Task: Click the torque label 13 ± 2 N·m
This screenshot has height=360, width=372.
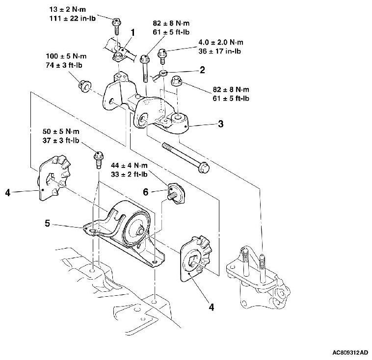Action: tap(68, 9)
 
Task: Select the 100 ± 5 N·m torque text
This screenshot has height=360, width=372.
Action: tap(66, 56)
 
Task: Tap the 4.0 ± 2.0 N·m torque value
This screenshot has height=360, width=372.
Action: tap(221, 43)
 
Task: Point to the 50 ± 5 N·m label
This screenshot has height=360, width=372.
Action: tap(61, 131)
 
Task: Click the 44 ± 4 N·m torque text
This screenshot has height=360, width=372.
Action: tap(129, 165)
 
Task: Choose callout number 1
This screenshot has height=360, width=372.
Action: tap(133, 33)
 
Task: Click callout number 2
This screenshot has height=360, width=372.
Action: tap(202, 70)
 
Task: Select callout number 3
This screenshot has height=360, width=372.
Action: tap(221, 124)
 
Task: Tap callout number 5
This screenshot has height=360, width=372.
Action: tap(48, 223)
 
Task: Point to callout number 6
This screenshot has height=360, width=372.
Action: tap(146, 192)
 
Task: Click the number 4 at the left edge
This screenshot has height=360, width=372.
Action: tap(8, 193)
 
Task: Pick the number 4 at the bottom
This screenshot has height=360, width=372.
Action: tap(212, 307)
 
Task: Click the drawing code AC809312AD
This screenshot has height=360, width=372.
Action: tap(350, 353)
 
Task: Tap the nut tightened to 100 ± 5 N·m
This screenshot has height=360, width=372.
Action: tap(85, 86)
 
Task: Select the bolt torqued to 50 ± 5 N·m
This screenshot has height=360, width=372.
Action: tap(99, 159)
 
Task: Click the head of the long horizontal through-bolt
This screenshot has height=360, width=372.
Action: tap(204, 167)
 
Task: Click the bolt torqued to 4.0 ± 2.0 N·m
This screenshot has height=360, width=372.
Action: tap(162, 56)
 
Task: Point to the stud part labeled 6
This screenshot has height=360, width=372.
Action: tap(176, 193)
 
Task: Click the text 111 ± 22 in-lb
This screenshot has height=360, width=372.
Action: tap(73, 19)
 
